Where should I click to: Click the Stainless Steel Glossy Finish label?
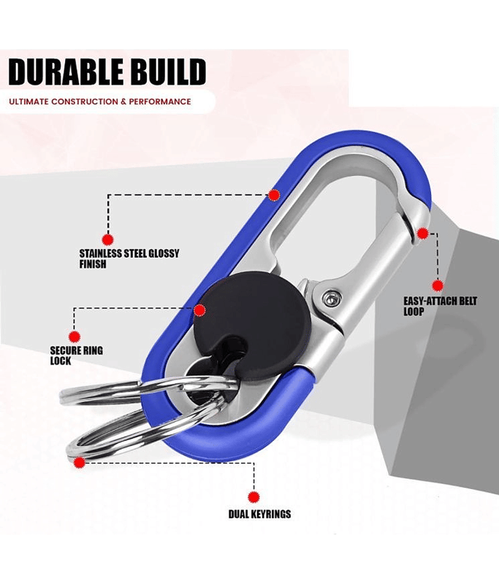pos(129,258)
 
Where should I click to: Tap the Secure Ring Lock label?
pos(76,356)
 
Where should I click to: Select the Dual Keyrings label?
pos(259,514)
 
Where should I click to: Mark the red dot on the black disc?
pos(199,310)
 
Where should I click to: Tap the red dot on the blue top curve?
pos(274,195)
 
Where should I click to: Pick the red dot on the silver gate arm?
pos(422,233)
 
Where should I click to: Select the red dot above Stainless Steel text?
pos(107,239)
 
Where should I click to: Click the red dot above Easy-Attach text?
pos(438,285)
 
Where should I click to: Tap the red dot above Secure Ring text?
pos(75,337)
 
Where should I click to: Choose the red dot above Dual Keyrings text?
pos(254,496)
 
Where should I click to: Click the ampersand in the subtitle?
pos(121,101)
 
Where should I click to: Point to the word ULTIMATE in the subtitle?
pos(28,101)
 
